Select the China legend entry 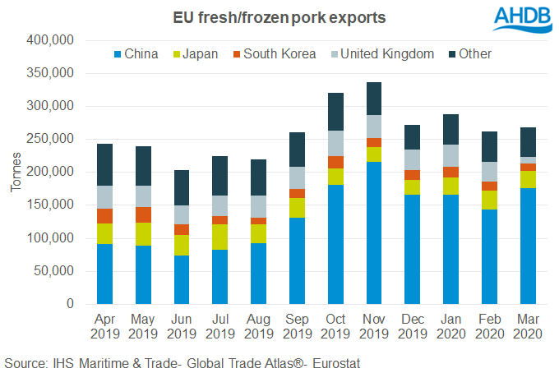[141, 54]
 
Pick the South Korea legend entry [274, 54]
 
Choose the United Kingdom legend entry [381, 54]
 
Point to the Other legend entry [472, 54]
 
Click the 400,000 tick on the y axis [51, 40]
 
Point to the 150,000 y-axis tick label [51, 205]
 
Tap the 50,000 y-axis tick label [54, 271]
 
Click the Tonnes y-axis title [16, 173]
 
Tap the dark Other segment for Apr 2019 [104, 164]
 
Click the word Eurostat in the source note [335, 361]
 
